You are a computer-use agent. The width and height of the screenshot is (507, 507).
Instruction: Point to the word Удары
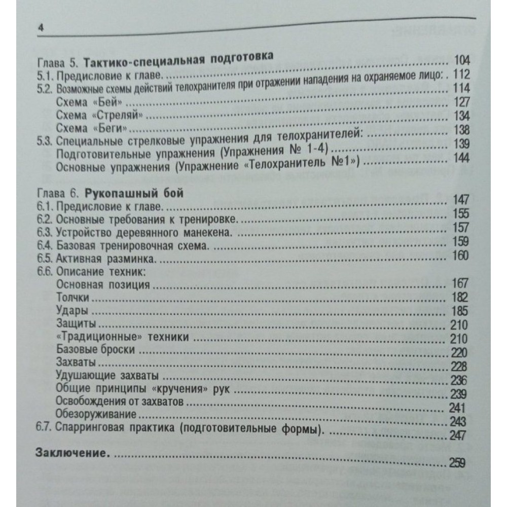point(70,310)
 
